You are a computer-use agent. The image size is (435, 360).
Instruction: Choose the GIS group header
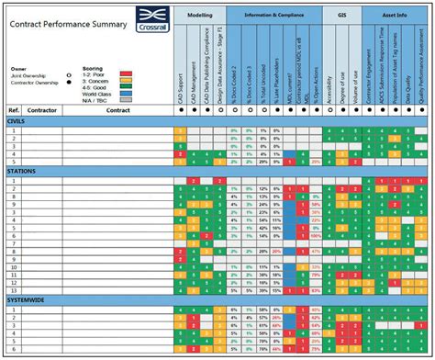(340, 16)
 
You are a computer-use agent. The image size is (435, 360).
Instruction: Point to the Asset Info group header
(395, 16)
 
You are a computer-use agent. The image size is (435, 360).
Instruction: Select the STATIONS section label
(22, 171)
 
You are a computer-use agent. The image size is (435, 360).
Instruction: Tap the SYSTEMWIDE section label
(28, 299)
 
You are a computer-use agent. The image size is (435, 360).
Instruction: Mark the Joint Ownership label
(28, 75)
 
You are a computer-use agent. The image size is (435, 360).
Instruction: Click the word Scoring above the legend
(92, 68)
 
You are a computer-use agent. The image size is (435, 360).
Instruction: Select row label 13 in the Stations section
(14, 275)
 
